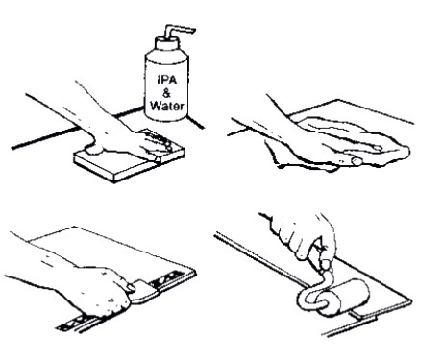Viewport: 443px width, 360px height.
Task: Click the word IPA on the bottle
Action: pos(166,80)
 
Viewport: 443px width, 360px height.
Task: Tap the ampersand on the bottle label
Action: pos(166,93)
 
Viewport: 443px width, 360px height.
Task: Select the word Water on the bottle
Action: pos(167,106)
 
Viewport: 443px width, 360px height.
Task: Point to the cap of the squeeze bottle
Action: pos(166,43)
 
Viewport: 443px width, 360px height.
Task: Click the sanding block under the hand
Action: pos(128,163)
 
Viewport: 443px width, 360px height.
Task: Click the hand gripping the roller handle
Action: pos(301,233)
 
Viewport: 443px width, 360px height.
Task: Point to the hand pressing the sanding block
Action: pos(128,136)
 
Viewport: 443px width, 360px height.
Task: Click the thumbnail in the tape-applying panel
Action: pos(131,288)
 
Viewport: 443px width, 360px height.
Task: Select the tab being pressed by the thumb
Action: pos(143,292)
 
